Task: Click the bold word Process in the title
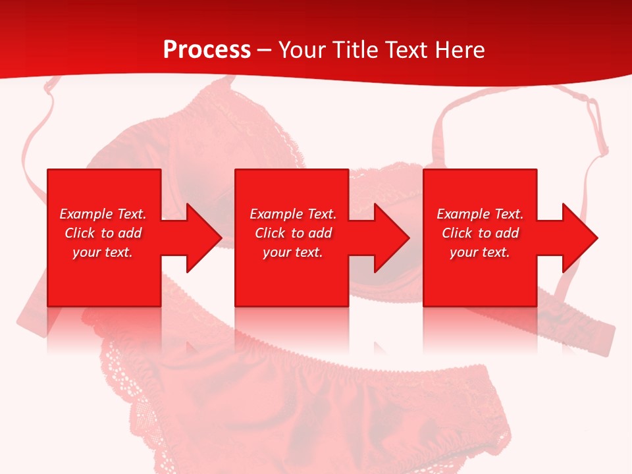tap(207, 50)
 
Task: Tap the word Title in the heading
tap(355, 50)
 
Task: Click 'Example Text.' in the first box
tap(103, 214)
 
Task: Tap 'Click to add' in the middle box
tap(293, 233)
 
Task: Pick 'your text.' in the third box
tap(479, 252)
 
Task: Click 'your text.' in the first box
tap(103, 252)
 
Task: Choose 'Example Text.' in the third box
tap(480, 214)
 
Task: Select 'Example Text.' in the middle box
tap(293, 214)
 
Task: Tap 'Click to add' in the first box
tap(103, 233)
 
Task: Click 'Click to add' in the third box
tap(480, 233)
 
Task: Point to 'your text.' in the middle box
tap(292, 252)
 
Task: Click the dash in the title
tap(265, 51)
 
